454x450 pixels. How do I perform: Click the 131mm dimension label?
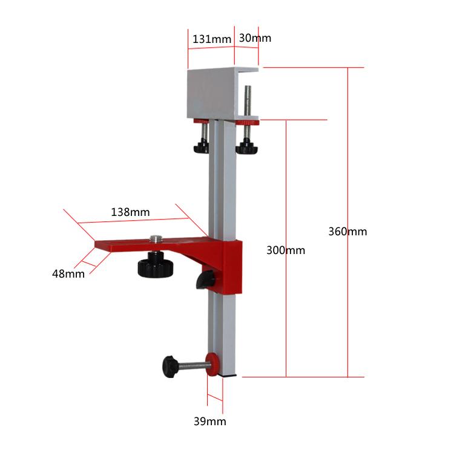click(x=212, y=39)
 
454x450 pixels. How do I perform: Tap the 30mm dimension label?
click(x=255, y=38)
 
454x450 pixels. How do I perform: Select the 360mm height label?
click(x=347, y=232)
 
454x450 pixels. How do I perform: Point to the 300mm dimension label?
click(x=286, y=250)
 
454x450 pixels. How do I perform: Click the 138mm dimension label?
click(x=130, y=212)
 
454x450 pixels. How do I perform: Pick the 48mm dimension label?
click(x=68, y=274)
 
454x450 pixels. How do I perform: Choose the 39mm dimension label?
click(x=210, y=422)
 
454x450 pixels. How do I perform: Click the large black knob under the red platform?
click(x=155, y=265)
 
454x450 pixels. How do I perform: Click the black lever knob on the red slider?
click(x=205, y=280)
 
